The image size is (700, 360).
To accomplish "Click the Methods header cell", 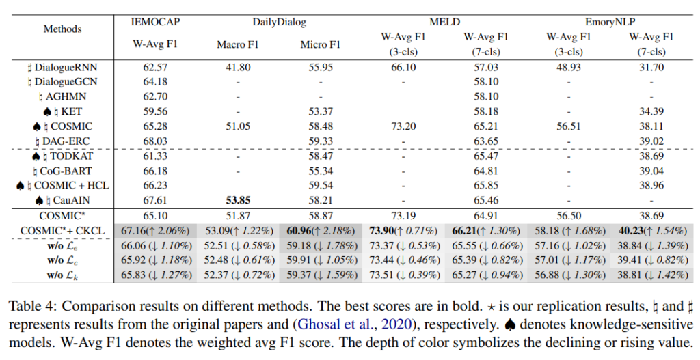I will [62, 29].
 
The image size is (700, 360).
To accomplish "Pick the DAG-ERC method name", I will [67, 141].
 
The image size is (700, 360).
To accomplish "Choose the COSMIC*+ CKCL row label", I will [62, 231].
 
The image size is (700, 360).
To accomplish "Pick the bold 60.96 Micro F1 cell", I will [305, 231].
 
